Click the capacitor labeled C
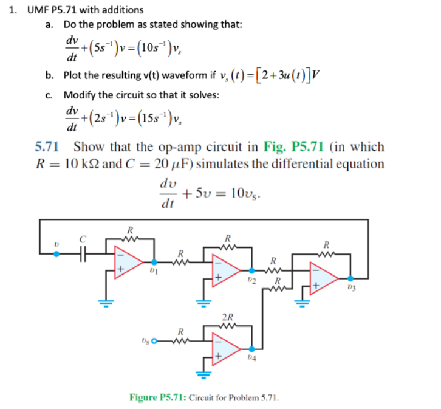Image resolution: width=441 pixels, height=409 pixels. [84, 254]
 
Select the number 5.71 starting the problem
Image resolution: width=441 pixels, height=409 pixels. [47, 147]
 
